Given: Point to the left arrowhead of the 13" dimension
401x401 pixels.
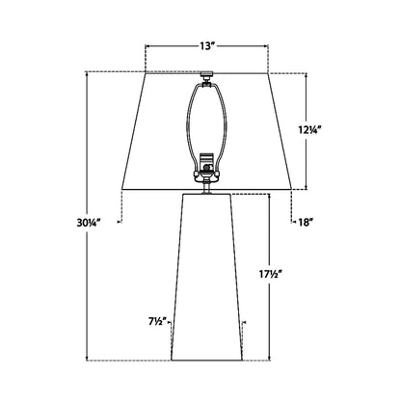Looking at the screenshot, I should [x=147, y=44].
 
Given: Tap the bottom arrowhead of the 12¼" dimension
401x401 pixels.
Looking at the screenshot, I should [x=308, y=187].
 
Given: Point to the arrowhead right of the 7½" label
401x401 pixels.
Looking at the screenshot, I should [x=174, y=321].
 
